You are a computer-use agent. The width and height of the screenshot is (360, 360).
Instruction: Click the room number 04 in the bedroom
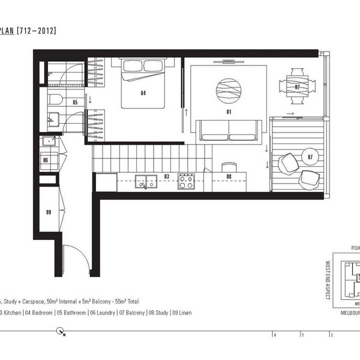[143, 93]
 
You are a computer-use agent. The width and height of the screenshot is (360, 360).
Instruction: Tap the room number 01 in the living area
[228, 112]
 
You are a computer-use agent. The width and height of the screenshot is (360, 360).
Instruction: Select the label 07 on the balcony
[310, 157]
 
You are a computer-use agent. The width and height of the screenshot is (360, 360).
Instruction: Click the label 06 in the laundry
[46, 160]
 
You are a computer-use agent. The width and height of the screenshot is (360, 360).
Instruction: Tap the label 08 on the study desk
[229, 176]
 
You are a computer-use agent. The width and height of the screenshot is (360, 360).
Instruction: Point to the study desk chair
[229, 166]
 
